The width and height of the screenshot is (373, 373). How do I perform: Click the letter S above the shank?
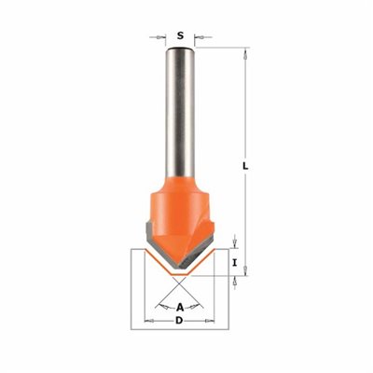(180, 35)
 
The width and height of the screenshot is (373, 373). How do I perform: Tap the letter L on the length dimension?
(245, 166)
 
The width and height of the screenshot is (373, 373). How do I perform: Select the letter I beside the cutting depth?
(235, 263)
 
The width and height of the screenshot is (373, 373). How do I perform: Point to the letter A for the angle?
(180, 308)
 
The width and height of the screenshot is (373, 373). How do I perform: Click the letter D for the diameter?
(179, 321)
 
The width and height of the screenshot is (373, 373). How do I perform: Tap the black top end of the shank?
(180, 48)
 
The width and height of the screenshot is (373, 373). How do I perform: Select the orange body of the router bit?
(180, 217)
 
